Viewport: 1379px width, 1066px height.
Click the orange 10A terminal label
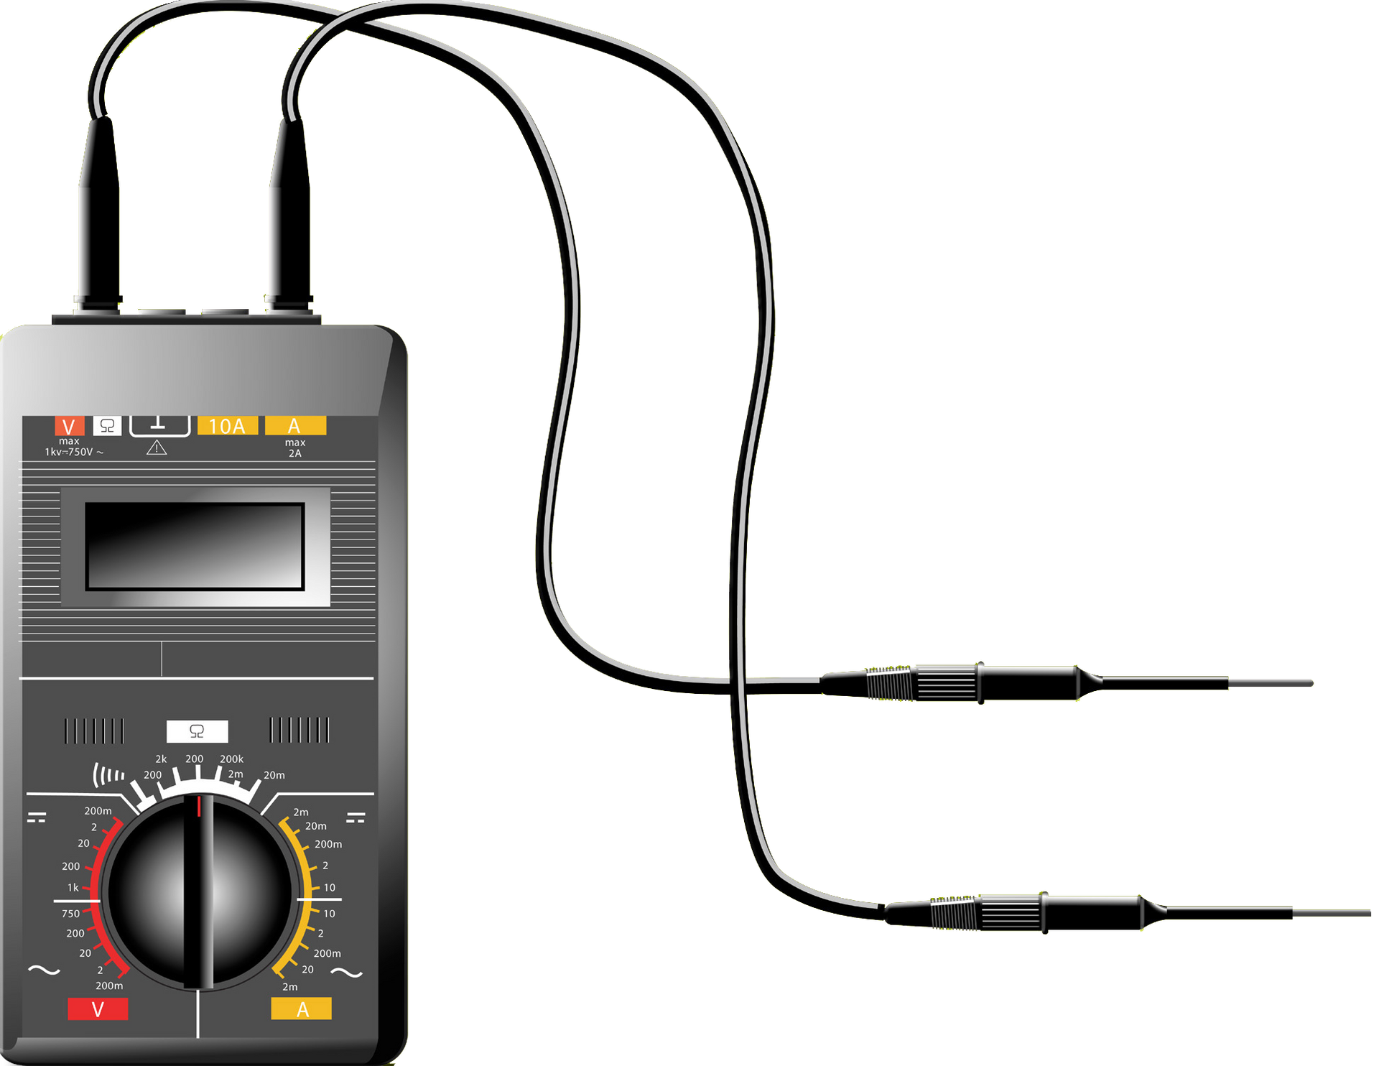(x=227, y=426)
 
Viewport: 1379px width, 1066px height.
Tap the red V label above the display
(x=70, y=426)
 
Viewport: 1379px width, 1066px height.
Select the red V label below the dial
(x=98, y=1009)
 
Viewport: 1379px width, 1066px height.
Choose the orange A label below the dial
(x=302, y=1009)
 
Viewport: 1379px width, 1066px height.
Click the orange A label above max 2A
(x=295, y=425)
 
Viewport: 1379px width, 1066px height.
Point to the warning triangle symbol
(x=157, y=448)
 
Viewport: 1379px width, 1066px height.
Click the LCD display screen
(x=195, y=546)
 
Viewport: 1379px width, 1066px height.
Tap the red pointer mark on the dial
(x=199, y=806)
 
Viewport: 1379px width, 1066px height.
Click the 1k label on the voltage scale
(x=73, y=888)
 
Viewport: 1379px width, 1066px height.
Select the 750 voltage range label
(x=70, y=914)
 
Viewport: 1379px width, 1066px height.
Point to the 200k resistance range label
(x=231, y=759)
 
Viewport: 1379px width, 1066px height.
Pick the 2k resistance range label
(x=161, y=759)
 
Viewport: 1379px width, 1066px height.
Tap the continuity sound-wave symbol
(x=108, y=774)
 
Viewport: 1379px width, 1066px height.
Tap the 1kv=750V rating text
(x=74, y=452)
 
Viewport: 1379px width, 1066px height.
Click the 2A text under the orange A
(x=295, y=453)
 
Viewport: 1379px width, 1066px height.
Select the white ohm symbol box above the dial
(x=197, y=731)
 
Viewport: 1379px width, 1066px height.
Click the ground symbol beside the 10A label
(x=159, y=425)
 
